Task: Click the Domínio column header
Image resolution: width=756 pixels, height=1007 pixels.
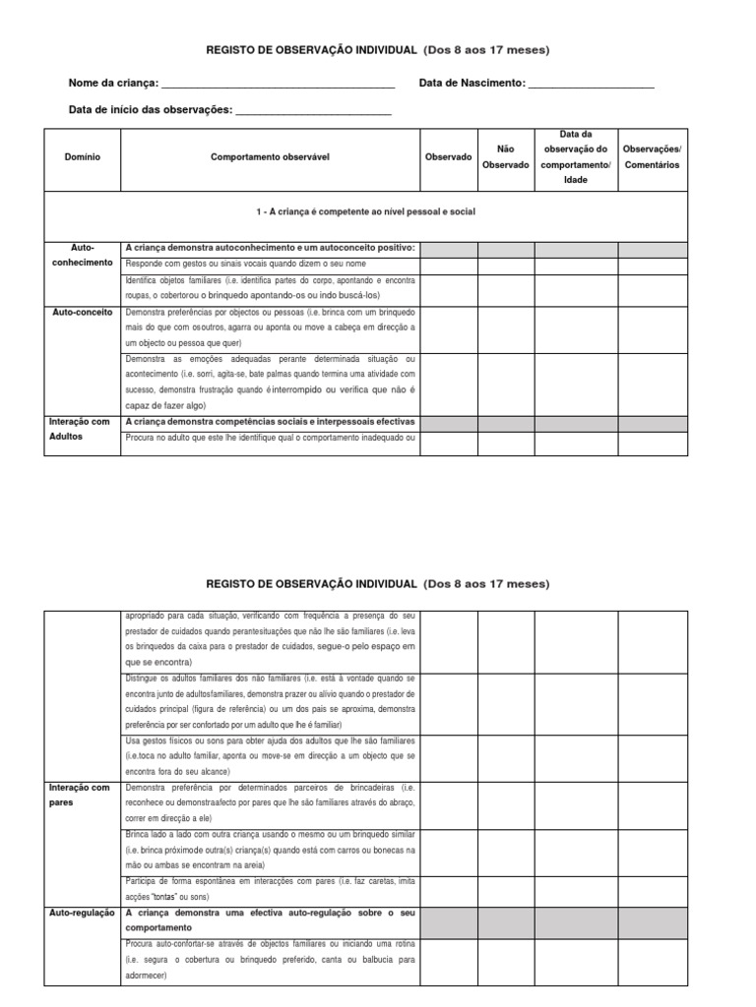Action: coord(82,157)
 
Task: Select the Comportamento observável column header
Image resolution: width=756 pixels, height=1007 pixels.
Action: coord(268,157)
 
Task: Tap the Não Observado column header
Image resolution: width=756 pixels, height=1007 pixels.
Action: coord(505,157)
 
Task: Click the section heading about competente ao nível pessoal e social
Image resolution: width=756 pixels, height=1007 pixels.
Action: coord(365,212)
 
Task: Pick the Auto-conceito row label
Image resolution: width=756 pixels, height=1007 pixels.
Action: coord(83,311)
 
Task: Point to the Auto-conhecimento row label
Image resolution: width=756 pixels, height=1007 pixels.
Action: coord(83,256)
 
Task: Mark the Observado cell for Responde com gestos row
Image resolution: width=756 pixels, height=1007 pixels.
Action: coord(448,265)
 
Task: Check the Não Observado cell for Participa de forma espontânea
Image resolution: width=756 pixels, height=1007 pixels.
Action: coord(505,889)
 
